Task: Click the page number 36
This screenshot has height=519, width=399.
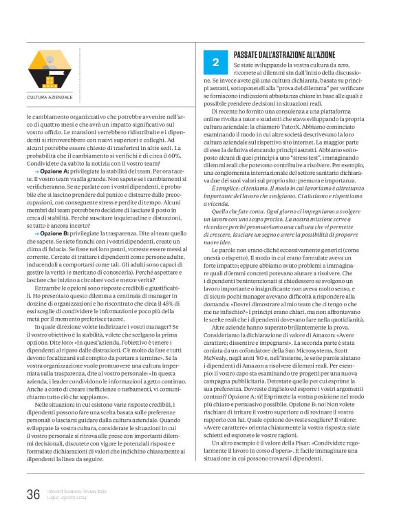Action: (x=32, y=495)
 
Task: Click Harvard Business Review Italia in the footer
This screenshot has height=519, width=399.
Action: (x=76, y=491)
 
